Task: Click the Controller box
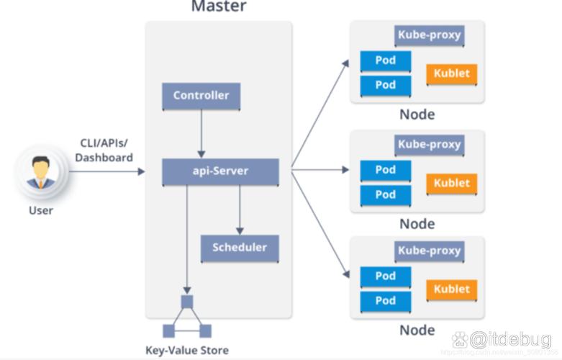(201, 96)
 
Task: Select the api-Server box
(220, 171)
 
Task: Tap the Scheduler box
(239, 248)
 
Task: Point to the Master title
(218, 7)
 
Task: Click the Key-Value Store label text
(187, 351)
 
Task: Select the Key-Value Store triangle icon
(187, 318)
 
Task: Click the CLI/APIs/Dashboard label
(106, 150)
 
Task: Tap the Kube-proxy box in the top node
(429, 35)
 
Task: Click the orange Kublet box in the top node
(451, 73)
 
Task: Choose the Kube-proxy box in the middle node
(429, 145)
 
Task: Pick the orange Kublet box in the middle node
(451, 183)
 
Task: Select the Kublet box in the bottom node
(451, 289)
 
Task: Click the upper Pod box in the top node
(386, 60)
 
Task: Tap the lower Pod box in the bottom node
(386, 300)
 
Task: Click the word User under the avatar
(40, 210)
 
